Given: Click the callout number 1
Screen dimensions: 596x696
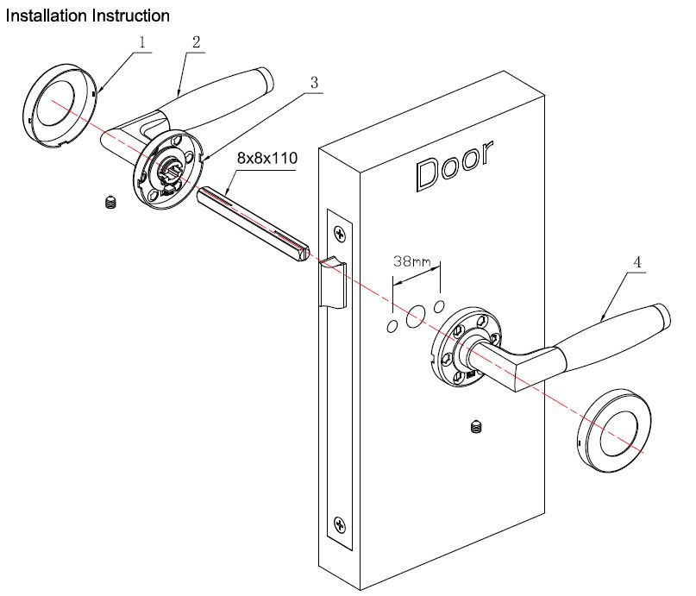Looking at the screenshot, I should click(x=142, y=41).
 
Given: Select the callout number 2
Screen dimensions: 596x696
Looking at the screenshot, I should click(x=197, y=41).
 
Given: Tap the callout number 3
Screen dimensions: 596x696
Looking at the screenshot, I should click(x=315, y=83).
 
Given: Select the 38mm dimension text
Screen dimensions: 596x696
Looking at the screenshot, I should click(x=412, y=259).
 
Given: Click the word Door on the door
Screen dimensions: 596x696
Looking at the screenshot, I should click(x=455, y=166).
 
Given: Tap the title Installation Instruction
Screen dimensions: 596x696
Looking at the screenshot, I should click(x=87, y=16).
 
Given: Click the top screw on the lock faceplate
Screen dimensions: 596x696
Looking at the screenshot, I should click(x=342, y=232).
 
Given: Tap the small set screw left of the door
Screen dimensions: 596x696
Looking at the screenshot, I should click(x=110, y=204).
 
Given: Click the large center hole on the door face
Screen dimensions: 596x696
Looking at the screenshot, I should click(x=415, y=317).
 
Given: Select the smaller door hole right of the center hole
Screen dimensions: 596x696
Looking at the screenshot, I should click(x=439, y=306).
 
